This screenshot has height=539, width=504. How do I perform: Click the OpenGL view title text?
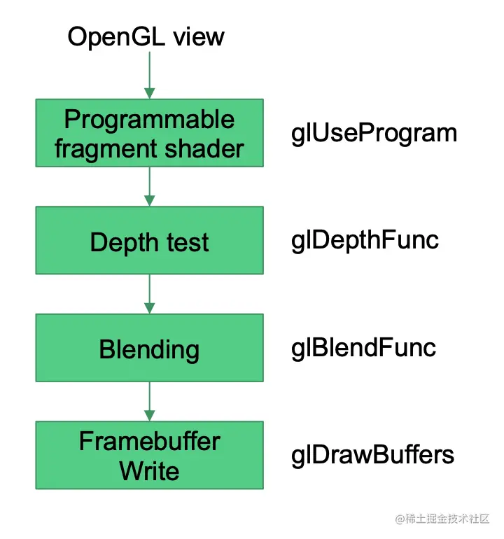click(x=146, y=37)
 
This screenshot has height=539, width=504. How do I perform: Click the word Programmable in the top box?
click(x=150, y=120)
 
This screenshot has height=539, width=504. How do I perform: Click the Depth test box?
click(x=150, y=240)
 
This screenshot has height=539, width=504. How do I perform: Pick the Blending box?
click(x=150, y=347)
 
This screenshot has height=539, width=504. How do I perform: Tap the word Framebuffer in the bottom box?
click(x=150, y=441)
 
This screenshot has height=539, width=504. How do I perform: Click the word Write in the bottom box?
click(x=150, y=470)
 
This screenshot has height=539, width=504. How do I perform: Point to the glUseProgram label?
click(x=374, y=134)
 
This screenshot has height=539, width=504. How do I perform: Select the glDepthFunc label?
click(x=365, y=241)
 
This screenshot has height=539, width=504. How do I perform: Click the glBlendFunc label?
click(x=363, y=349)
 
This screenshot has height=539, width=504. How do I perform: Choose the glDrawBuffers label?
click(x=372, y=456)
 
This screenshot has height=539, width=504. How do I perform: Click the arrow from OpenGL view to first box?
click(x=150, y=75)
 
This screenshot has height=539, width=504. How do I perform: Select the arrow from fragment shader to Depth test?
click(x=150, y=187)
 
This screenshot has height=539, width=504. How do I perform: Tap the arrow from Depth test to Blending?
click(x=150, y=294)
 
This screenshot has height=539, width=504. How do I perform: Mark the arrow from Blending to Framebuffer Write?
click(x=150, y=401)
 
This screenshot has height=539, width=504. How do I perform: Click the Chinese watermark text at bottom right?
click(x=442, y=519)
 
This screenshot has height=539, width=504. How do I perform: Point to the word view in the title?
click(x=199, y=37)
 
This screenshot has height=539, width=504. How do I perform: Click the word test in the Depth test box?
click(x=188, y=242)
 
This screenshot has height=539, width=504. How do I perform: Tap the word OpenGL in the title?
click(x=116, y=37)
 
